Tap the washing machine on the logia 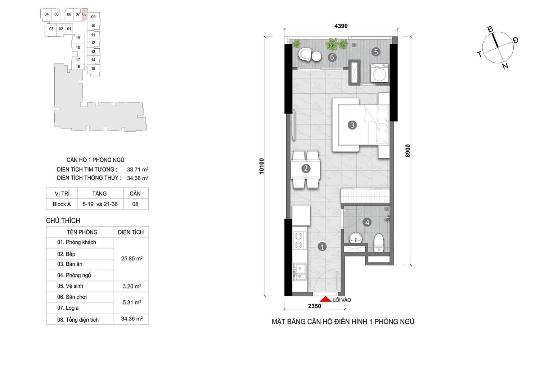380,73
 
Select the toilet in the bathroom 379,243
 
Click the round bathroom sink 356,238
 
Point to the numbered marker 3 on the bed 352,125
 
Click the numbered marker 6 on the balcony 332,57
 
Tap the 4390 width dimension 341,26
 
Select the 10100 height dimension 261,166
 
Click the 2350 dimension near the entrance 315,306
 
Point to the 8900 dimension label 408,151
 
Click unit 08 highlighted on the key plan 84,14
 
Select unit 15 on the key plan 93,69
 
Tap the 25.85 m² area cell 132,259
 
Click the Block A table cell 62,204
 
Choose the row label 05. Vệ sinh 70,286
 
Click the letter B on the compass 490,30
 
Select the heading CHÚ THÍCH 63,221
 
